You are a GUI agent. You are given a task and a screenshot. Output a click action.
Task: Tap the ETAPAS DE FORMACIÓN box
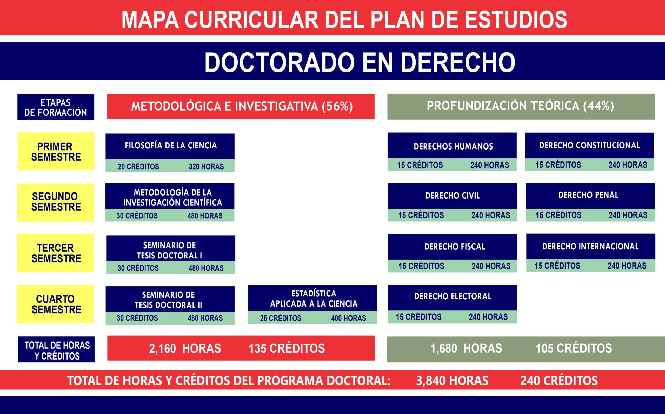(56, 107)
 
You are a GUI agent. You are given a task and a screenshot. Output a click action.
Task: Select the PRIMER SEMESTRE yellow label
(56, 151)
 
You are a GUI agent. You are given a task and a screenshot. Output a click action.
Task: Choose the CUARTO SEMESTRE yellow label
(55, 304)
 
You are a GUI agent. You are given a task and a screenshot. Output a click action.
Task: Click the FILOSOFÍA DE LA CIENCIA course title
(171, 145)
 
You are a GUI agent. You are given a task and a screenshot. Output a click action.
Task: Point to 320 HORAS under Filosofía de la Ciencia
(206, 166)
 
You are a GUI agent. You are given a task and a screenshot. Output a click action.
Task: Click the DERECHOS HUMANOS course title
(453, 146)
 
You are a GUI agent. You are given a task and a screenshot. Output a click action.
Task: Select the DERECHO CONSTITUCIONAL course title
(589, 145)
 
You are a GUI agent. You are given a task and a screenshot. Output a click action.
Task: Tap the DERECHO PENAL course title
(588, 195)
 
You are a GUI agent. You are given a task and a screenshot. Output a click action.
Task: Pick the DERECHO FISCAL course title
(454, 247)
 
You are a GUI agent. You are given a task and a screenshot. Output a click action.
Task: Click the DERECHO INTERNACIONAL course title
(590, 247)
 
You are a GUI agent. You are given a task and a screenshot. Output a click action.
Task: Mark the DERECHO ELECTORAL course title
(453, 296)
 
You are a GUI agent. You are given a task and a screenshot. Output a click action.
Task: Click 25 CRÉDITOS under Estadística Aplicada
(281, 318)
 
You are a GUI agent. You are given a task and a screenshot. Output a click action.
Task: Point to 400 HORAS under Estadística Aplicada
(348, 318)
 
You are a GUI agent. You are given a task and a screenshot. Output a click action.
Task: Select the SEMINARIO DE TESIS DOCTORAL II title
(168, 300)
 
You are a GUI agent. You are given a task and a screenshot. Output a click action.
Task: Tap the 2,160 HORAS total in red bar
(185, 348)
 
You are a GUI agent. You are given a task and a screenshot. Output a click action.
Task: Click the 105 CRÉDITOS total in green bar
(574, 348)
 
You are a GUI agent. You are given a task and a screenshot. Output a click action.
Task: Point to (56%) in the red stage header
(337, 106)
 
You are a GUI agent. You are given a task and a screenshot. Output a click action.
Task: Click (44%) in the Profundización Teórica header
(598, 106)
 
